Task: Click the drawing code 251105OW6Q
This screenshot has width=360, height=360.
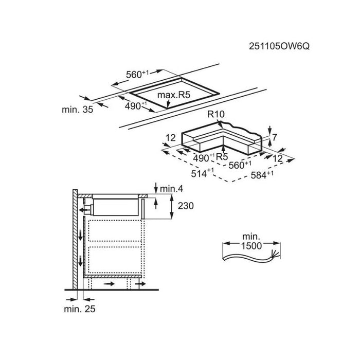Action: (x=279, y=46)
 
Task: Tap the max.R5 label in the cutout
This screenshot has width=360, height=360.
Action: (x=174, y=95)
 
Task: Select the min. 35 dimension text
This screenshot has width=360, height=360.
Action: (x=77, y=110)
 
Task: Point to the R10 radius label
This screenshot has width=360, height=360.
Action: (x=216, y=114)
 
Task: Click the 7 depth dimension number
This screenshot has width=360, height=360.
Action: (x=275, y=137)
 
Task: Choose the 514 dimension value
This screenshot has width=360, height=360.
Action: (x=202, y=173)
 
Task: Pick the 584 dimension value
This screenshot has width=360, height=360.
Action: (x=262, y=175)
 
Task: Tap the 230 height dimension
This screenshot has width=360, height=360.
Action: (x=186, y=206)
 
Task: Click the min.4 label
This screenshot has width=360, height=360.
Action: (x=171, y=189)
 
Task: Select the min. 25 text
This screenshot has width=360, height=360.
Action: (x=79, y=309)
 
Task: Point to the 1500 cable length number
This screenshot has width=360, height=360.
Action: (x=251, y=246)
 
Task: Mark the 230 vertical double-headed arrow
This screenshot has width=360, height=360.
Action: (x=171, y=206)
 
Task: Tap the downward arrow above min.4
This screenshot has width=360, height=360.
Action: (x=156, y=188)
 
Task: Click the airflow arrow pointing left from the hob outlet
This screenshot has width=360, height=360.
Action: (x=84, y=210)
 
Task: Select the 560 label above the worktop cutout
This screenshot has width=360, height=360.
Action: (x=137, y=74)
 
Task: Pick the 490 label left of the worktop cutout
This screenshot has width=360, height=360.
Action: (x=136, y=105)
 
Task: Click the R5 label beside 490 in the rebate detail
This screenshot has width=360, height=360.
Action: (x=222, y=156)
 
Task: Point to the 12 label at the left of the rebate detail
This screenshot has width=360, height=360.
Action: (x=171, y=138)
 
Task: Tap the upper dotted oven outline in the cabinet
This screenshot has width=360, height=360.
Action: (x=115, y=230)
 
